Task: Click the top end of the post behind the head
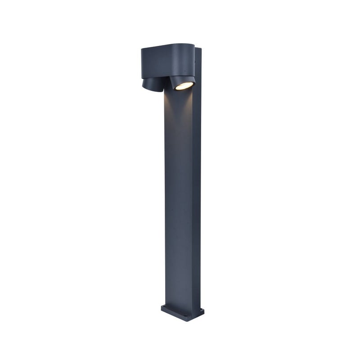tap(198, 49)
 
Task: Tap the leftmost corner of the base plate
tap(161, 308)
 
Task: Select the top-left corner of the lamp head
tap(142, 49)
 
